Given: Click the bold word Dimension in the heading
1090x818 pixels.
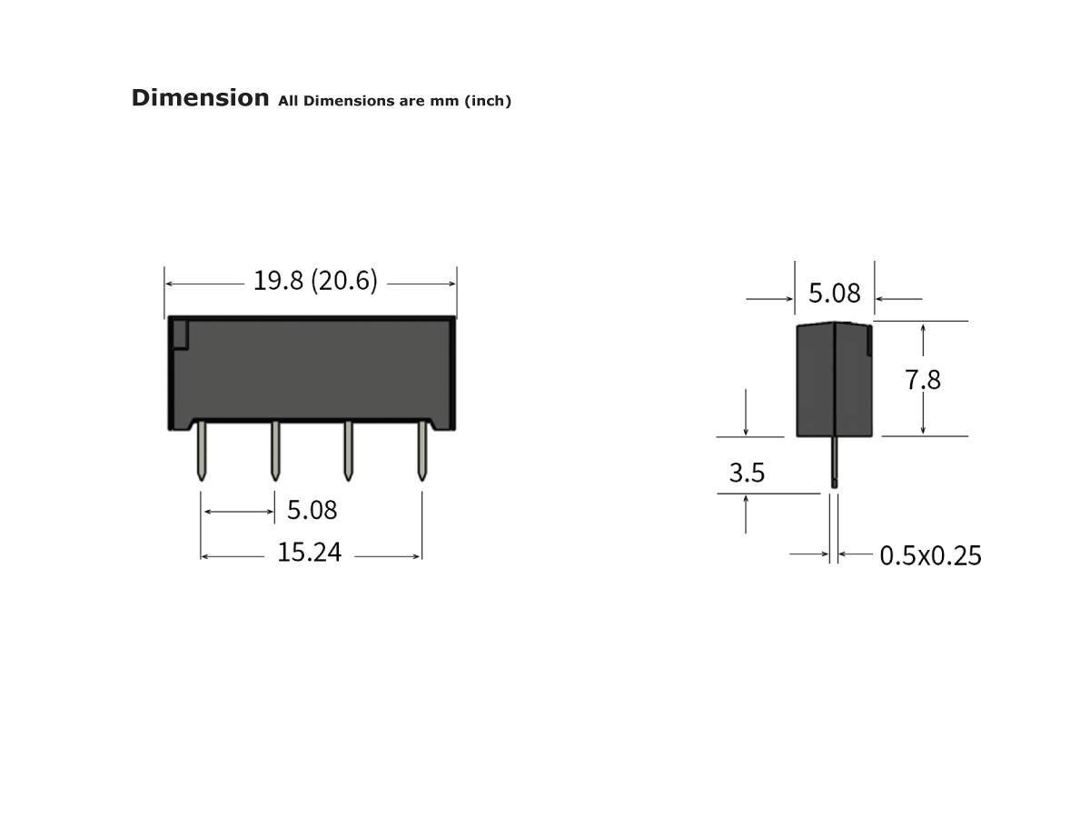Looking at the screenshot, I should coord(200,98).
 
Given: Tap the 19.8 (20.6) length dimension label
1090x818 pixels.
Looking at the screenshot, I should coord(314,281).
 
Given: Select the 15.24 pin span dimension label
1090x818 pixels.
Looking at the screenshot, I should coord(309,552).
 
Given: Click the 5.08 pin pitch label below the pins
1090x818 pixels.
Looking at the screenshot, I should coord(312,510).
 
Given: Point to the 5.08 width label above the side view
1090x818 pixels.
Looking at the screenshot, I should coord(834,294).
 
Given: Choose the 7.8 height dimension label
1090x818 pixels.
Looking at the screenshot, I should coord(923,379).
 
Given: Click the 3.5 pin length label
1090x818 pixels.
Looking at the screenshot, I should coord(747,473).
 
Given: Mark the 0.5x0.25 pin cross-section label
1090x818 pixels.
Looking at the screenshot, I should coord(930,555).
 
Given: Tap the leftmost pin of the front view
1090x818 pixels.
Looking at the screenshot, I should coord(201,451).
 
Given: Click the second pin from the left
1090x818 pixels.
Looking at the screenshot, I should coord(274,451).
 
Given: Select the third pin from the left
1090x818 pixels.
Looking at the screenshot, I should coord(348,451).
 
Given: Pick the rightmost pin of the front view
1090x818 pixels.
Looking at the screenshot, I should coord(421,451).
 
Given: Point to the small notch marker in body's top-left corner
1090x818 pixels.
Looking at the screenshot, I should coord(180,334).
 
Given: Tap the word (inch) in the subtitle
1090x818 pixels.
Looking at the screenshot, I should coord(488,101).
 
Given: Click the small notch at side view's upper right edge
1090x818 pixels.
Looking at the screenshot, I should coord(869,342).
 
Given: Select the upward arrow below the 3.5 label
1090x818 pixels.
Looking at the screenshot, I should coord(747,514).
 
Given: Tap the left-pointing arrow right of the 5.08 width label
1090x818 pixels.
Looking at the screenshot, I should coord(899,298).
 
